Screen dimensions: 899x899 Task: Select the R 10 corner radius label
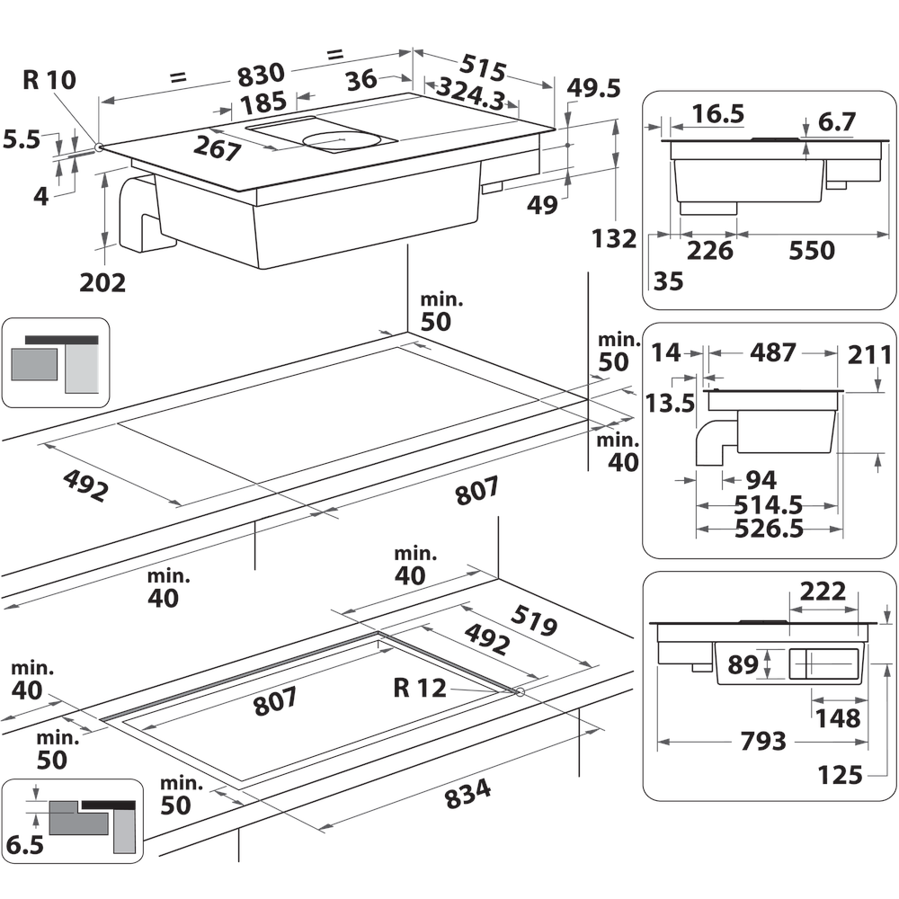pyautogui.click(x=49, y=80)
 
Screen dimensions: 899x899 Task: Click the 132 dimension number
pyautogui.click(x=615, y=239)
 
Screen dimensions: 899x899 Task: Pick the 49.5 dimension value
pyautogui.click(x=593, y=88)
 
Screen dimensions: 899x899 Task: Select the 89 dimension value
pyautogui.click(x=743, y=666)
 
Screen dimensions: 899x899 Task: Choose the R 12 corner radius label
pyautogui.click(x=419, y=688)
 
